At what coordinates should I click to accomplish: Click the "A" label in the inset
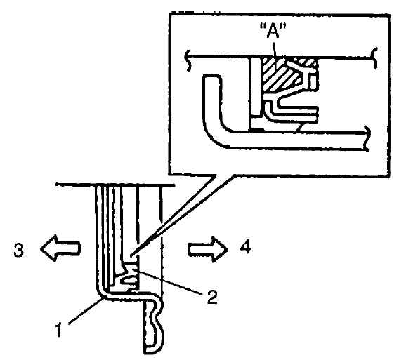(273, 30)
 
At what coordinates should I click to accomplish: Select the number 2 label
(211, 297)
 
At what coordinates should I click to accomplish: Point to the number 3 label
(18, 251)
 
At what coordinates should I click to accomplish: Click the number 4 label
(245, 247)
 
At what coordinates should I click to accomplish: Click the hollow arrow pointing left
(60, 248)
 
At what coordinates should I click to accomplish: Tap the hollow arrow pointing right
(208, 250)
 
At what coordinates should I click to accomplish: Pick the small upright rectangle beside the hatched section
(313, 82)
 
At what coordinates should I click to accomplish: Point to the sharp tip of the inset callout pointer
(131, 255)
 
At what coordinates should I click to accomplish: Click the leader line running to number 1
(86, 311)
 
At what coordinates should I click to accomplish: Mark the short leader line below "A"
(275, 48)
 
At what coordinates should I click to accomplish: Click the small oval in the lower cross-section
(129, 280)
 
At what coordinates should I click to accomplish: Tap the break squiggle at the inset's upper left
(188, 61)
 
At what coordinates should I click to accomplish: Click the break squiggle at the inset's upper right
(374, 58)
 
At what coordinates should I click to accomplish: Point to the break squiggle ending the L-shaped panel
(367, 138)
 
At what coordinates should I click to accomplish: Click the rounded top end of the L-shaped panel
(212, 76)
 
